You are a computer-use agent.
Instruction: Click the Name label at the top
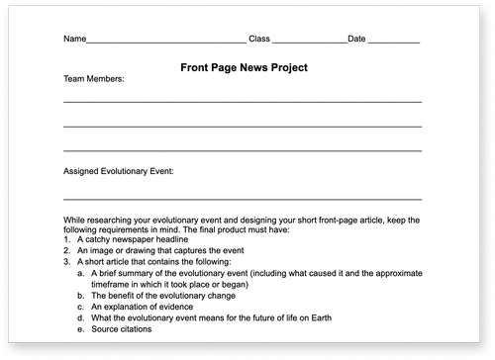pos(74,39)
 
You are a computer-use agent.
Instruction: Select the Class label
pos(258,39)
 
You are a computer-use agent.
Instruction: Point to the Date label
pos(357,39)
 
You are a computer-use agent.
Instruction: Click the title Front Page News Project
pos(245,67)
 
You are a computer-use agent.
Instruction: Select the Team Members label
pos(94,78)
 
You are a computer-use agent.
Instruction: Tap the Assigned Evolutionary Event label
pos(118,170)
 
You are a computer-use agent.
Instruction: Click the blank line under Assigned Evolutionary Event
pos(243,199)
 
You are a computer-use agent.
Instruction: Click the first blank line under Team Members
pos(243,102)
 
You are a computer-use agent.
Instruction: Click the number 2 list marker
pos(66,251)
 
